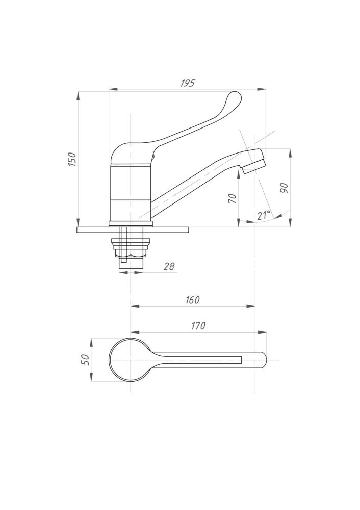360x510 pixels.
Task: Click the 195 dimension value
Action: tap(188, 83)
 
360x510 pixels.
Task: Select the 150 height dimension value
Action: tap(72, 159)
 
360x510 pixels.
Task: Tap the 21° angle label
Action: tap(264, 215)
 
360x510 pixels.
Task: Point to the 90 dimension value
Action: tap(284, 188)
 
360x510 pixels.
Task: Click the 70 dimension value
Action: tap(233, 198)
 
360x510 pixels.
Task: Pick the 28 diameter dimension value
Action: tap(169, 267)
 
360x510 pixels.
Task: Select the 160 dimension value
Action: tap(193, 300)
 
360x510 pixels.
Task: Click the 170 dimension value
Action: tap(198, 325)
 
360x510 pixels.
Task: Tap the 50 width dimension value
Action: tap(85, 360)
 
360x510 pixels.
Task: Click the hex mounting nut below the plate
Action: tap(131, 248)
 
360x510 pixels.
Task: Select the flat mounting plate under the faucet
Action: tap(133, 229)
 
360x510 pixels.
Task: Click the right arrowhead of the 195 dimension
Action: tap(262, 89)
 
